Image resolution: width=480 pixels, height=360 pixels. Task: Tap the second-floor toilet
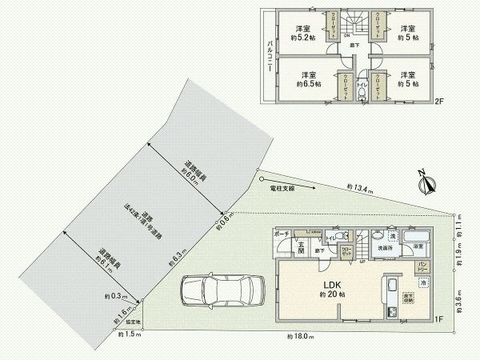[362, 95]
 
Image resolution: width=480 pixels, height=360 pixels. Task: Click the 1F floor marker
[438, 320]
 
